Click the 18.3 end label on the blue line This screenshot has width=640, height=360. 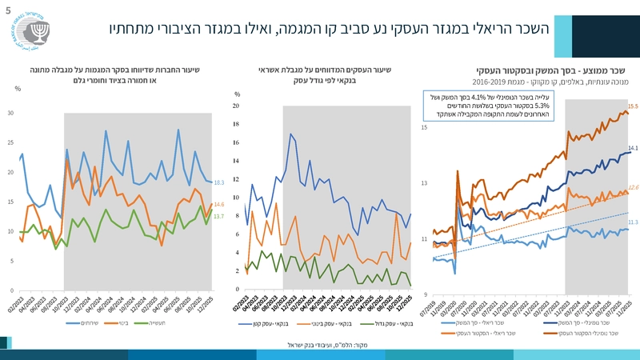point(218,183)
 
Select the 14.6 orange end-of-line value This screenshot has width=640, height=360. point(218,205)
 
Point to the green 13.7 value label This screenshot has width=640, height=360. point(218,217)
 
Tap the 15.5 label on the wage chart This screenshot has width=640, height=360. point(632,106)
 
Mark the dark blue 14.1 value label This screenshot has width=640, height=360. point(633,148)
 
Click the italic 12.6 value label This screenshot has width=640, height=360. point(633,187)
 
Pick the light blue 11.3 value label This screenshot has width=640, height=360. point(633,222)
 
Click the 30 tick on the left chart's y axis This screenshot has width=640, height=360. point(10,113)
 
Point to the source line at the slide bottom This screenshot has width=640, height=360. point(320,345)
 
